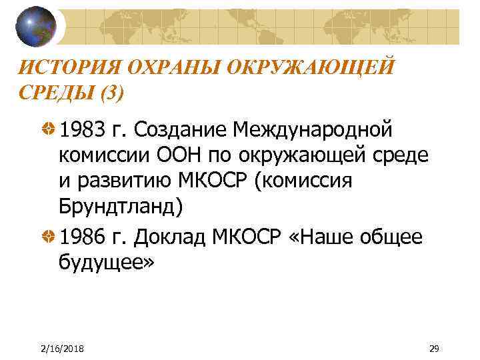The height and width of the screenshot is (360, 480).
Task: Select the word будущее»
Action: (106, 264)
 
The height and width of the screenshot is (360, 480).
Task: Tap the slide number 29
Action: (434, 348)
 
